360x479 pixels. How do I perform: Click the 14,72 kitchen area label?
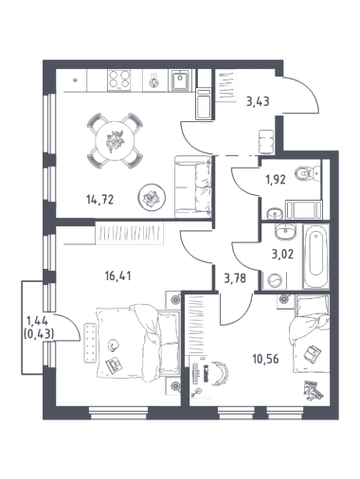(x=99, y=200)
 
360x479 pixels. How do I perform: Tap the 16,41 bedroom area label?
(x=117, y=276)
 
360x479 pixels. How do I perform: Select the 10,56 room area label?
(x=265, y=359)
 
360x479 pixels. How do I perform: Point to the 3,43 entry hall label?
(x=259, y=101)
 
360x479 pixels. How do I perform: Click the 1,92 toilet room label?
(x=275, y=180)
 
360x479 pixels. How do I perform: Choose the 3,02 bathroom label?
(x=282, y=254)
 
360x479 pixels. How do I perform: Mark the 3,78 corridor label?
(x=235, y=278)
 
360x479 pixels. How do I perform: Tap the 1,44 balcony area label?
(x=37, y=321)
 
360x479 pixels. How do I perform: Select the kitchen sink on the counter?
(x=181, y=80)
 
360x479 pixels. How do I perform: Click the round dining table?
(x=115, y=141)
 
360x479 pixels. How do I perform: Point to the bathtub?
(x=316, y=256)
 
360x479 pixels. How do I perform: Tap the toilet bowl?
(x=304, y=174)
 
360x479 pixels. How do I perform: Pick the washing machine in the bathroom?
(x=275, y=280)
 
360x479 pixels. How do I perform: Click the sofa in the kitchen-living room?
(x=193, y=186)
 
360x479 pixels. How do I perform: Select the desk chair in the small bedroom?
(x=221, y=373)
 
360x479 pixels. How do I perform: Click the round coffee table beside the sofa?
(x=152, y=197)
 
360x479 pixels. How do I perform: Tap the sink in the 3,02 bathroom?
(x=285, y=233)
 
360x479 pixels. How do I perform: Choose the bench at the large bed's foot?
(x=90, y=343)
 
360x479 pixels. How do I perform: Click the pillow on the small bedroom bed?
(x=307, y=305)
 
